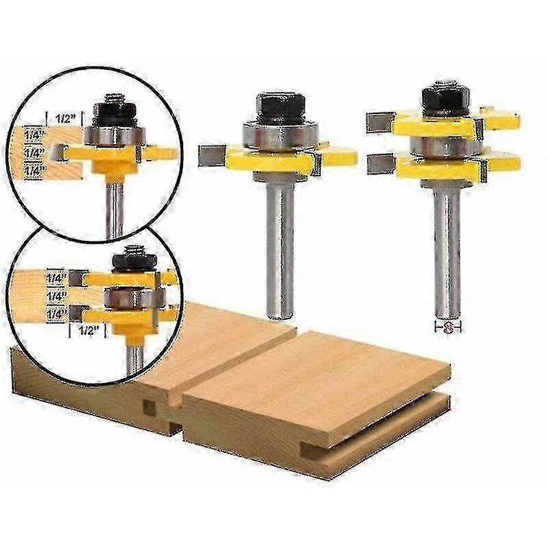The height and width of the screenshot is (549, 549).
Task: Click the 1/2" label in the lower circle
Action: [85, 330]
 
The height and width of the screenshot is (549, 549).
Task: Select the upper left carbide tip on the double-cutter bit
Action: [379, 121]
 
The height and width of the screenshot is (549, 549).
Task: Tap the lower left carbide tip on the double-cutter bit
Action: [379, 164]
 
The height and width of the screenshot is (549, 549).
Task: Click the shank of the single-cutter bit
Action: [279, 247]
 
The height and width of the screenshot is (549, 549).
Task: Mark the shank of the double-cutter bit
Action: [447, 247]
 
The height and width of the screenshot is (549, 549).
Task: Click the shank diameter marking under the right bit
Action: [448, 328]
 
